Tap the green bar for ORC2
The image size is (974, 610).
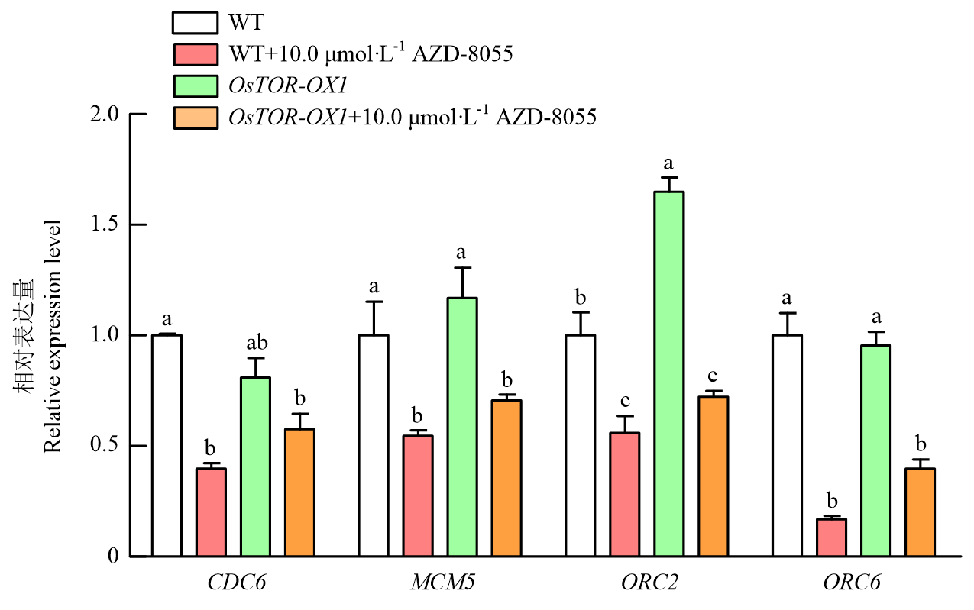tap(668, 374)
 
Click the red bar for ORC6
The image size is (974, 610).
tap(830, 537)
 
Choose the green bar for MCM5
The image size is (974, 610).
tap(462, 427)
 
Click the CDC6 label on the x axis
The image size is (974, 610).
tap(231, 584)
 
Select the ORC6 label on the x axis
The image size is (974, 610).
tap(852, 584)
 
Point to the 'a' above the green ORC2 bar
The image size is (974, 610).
tap(669, 164)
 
